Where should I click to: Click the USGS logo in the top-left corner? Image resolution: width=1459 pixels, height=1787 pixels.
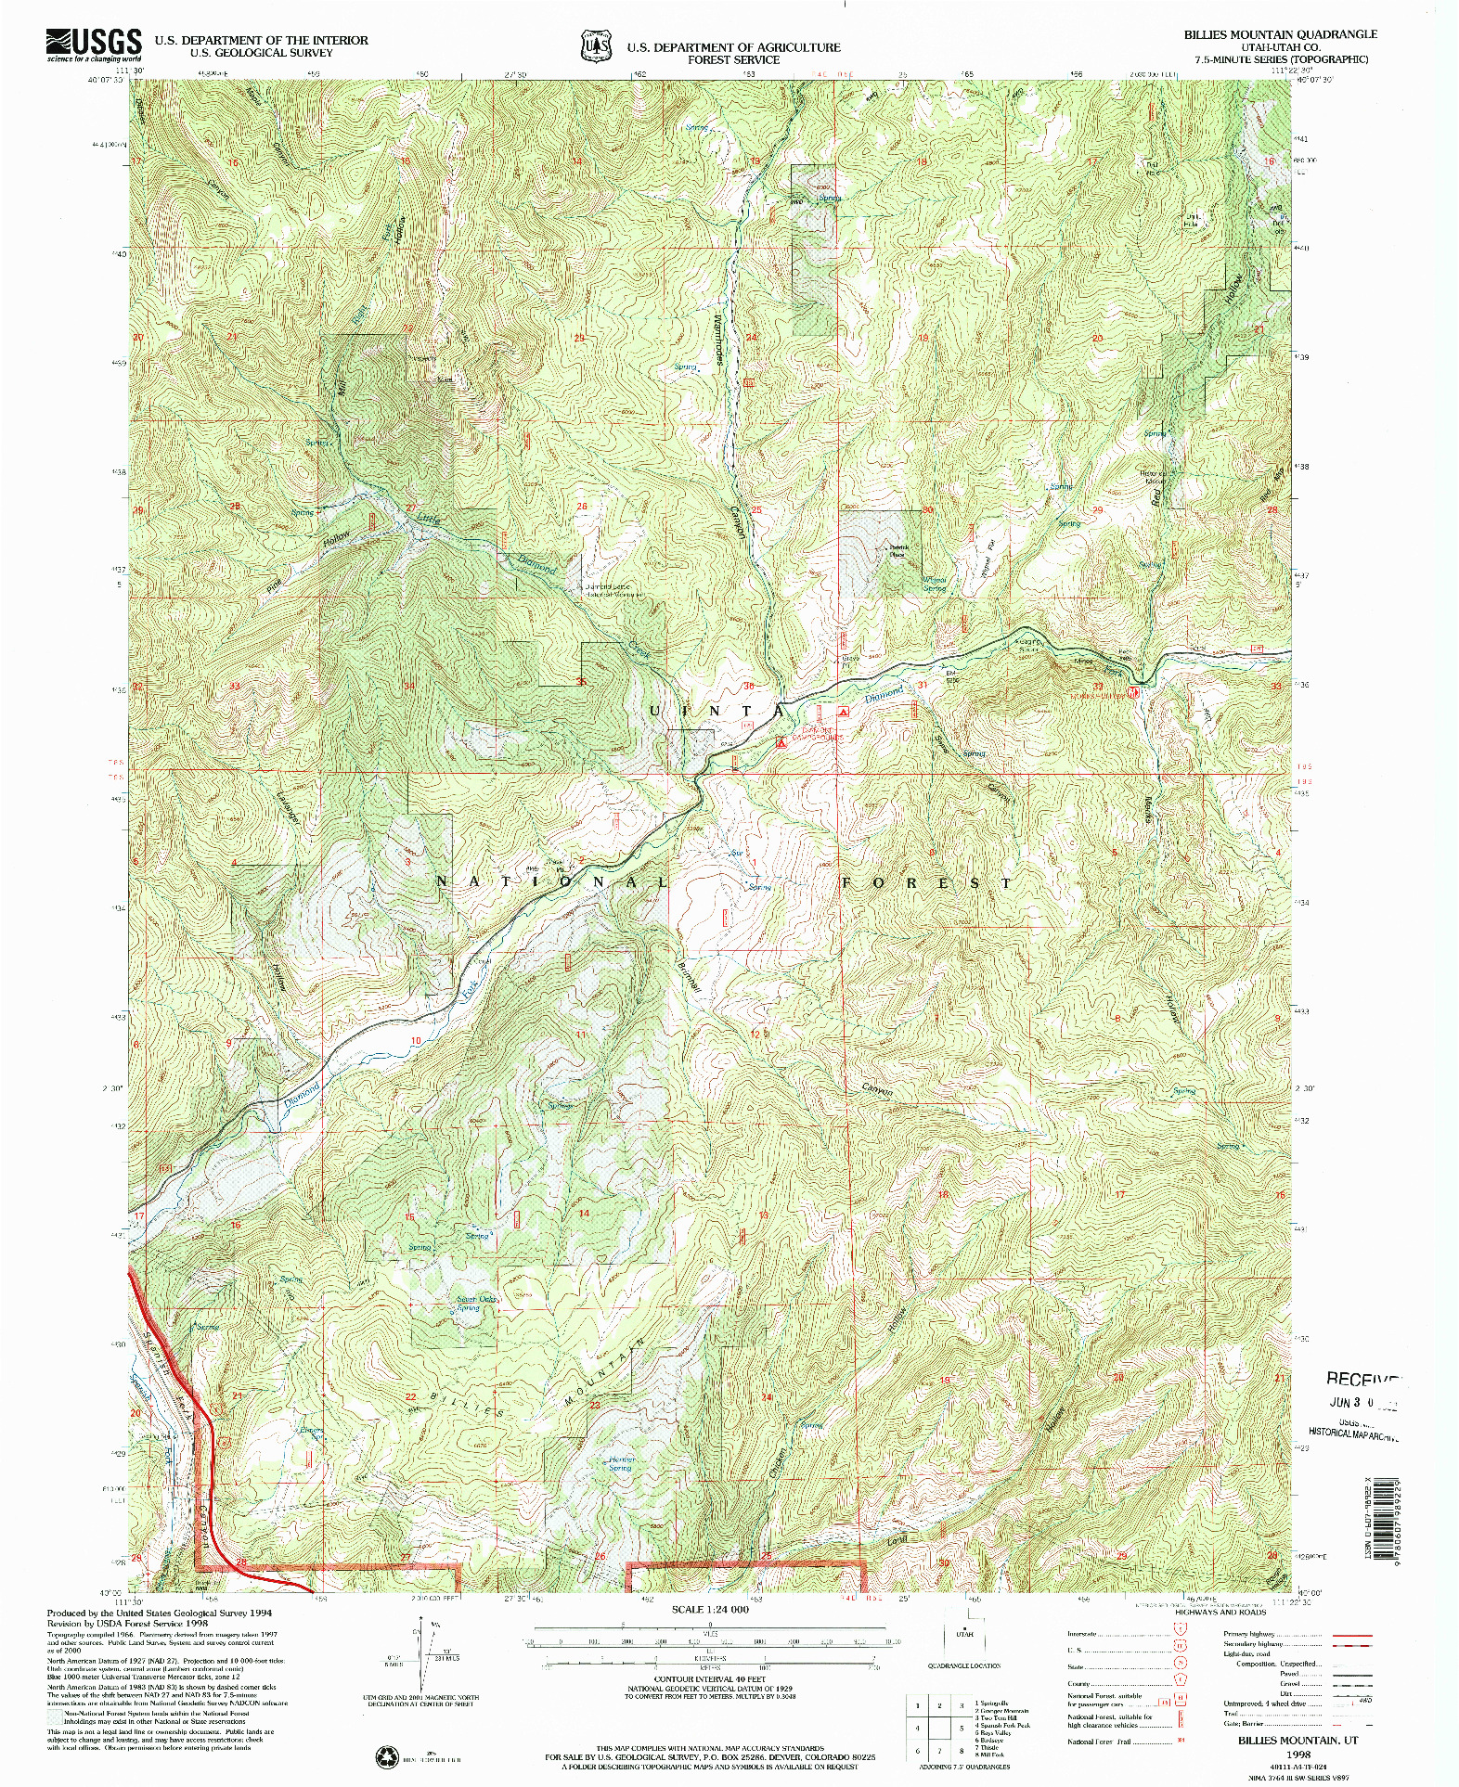click(94, 44)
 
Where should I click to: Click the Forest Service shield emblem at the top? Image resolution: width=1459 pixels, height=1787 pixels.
click(596, 45)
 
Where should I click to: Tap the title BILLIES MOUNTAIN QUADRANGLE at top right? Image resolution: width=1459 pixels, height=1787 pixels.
click(1280, 34)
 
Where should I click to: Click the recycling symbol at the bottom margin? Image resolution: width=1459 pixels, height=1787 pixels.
click(384, 1756)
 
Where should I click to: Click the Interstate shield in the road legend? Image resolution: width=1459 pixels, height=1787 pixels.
click(1181, 1634)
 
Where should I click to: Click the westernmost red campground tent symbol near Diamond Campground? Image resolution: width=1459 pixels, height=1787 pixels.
click(781, 742)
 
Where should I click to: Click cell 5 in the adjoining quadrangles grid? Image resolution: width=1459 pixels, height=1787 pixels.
click(962, 1729)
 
